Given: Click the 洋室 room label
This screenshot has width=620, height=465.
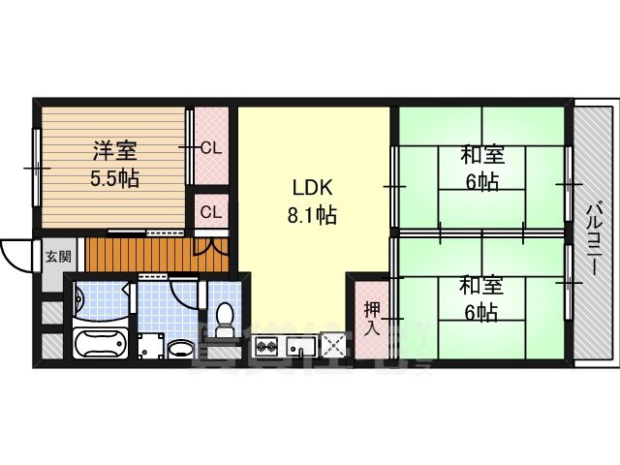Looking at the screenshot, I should click(114, 151).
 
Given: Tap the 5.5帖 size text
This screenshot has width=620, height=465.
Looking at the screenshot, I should click(114, 178).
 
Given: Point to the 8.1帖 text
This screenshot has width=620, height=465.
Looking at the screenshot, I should click(310, 216).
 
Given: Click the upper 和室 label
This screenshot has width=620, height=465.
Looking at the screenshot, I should click(480, 154).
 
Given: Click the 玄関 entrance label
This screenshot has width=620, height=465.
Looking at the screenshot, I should click(57, 257).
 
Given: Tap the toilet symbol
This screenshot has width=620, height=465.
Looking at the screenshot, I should click(224, 318).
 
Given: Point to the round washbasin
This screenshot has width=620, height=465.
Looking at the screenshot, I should click(180, 348).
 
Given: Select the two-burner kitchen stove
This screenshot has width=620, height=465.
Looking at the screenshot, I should click(267, 346).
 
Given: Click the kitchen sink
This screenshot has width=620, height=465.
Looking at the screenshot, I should click(302, 346).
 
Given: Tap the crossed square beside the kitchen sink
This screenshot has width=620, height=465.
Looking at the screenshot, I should click(334, 344).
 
